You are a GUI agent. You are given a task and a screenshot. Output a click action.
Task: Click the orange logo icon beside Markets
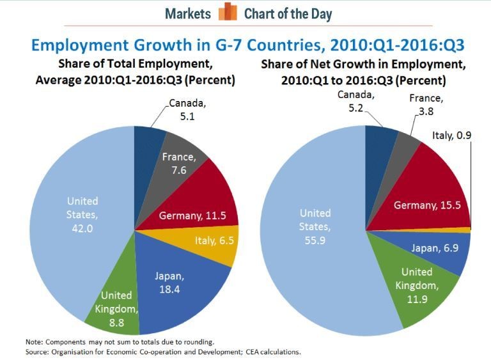pos(228,13)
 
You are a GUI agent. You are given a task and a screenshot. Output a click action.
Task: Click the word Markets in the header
pos(188,13)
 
